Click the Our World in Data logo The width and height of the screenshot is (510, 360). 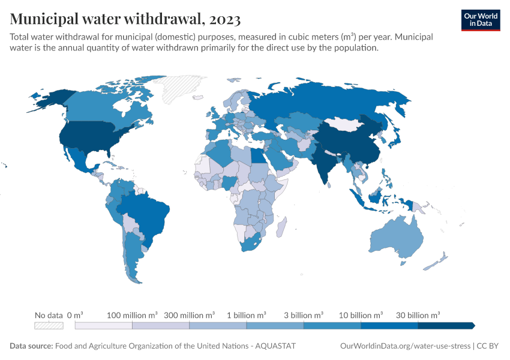coord(481,20)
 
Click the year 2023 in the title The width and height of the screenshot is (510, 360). coord(225,19)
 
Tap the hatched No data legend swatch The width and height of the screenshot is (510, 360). coord(49,326)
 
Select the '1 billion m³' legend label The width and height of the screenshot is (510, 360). coord(247,315)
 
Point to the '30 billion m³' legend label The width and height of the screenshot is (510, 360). coord(418,315)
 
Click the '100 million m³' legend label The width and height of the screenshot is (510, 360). coord(132,315)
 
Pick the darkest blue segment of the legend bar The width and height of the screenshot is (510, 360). coord(446,326)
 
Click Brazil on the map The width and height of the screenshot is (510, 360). coord(146,215)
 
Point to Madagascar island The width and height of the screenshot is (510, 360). coord(281,227)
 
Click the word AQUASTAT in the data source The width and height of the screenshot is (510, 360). coord(275,346)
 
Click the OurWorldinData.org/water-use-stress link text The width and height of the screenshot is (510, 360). coord(405,346)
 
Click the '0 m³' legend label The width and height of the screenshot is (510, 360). coord(75,315)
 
